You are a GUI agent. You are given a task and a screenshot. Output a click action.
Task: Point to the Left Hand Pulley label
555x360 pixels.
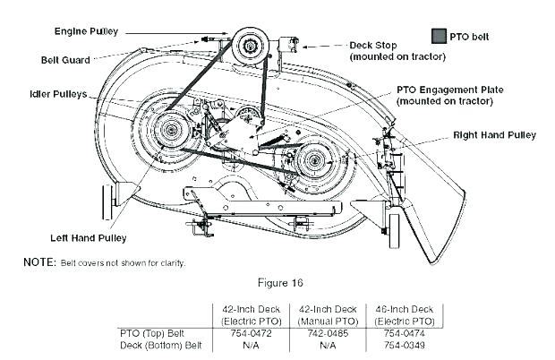click(88, 237)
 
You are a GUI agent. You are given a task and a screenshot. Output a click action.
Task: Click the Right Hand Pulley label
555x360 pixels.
click(494, 135)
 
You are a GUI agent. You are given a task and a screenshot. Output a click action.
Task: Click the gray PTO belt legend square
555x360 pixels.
click(439, 37)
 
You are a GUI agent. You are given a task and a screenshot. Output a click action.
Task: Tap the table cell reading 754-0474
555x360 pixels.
click(405, 331)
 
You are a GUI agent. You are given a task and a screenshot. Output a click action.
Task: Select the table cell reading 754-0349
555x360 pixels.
click(405, 344)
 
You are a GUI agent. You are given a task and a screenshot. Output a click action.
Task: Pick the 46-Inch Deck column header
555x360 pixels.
click(405, 308)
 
